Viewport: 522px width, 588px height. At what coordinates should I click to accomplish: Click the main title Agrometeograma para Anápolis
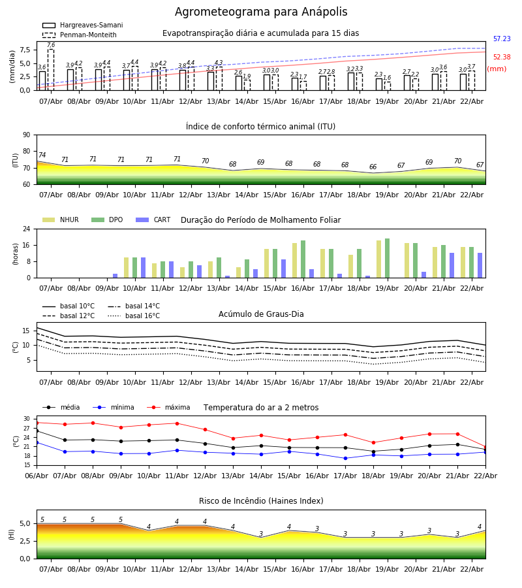click(x=261, y=12)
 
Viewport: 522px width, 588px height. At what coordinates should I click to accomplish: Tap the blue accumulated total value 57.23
click(x=502, y=39)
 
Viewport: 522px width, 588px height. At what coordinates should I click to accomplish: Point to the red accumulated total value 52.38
click(x=502, y=57)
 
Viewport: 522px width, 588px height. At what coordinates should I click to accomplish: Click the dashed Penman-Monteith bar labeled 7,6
click(x=51, y=69)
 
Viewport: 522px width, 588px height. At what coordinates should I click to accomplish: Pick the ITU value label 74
click(x=42, y=155)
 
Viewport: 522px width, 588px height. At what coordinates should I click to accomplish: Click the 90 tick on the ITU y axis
click(x=26, y=135)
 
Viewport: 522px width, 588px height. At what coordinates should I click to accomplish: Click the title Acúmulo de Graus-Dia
click(x=261, y=314)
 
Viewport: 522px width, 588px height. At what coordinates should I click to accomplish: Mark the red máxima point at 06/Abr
click(x=37, y=423)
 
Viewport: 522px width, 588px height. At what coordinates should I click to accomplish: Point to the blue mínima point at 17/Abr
click(x=345, y=458)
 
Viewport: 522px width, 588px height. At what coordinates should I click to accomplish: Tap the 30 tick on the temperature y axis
click(x=27, y=419)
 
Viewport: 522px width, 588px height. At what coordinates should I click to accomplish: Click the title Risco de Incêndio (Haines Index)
click(x=261, y=501)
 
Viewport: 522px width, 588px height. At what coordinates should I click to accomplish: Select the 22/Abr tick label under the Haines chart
click(x=472, y=569)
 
